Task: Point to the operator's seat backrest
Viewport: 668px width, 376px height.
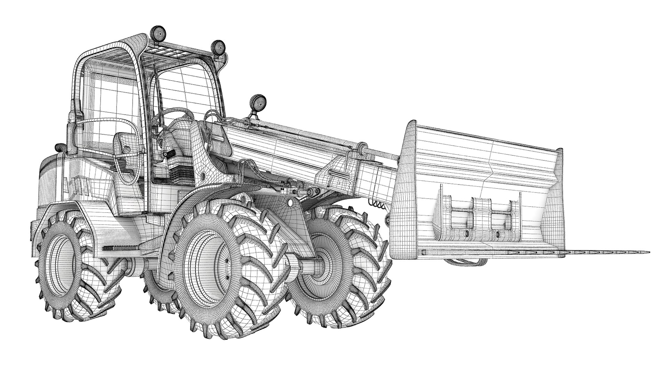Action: point(126,144)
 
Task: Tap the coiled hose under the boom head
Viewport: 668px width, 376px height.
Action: point(378,205)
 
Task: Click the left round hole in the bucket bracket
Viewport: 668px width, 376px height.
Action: point(466,232)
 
